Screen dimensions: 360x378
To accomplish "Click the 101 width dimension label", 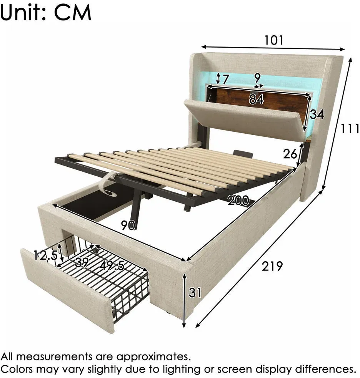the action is (273, 40).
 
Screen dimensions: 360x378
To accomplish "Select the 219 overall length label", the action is (272, 266).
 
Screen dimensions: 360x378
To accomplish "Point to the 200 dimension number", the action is (238, 200).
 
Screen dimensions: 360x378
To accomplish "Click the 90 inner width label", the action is (128, 225).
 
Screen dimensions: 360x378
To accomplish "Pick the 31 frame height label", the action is (195, 292).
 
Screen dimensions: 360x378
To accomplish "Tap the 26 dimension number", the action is (290, 154).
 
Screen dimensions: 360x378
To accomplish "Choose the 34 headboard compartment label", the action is (317, 114).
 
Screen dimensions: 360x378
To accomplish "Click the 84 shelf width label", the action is (256, 99).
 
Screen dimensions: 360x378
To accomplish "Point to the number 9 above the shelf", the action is (257, 78).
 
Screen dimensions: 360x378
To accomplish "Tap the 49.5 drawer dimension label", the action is (112, 265).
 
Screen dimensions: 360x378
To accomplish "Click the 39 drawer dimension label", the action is (82, 262).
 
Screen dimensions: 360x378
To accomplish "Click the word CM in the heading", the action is (73, 12).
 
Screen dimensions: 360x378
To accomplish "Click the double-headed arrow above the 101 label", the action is (273, 48).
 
